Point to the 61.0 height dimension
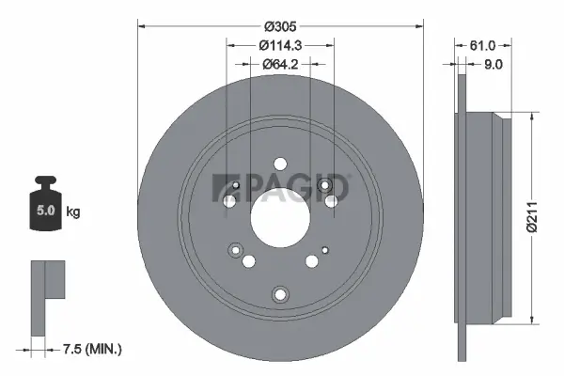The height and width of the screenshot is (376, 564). [x=482, y=45]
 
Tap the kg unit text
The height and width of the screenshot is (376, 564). [x=73, y=212]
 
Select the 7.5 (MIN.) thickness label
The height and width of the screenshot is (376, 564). [x=93, y=349]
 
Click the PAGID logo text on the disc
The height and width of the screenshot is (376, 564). [x=291, y=187]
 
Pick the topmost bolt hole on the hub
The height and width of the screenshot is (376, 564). [x=280, y=164]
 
